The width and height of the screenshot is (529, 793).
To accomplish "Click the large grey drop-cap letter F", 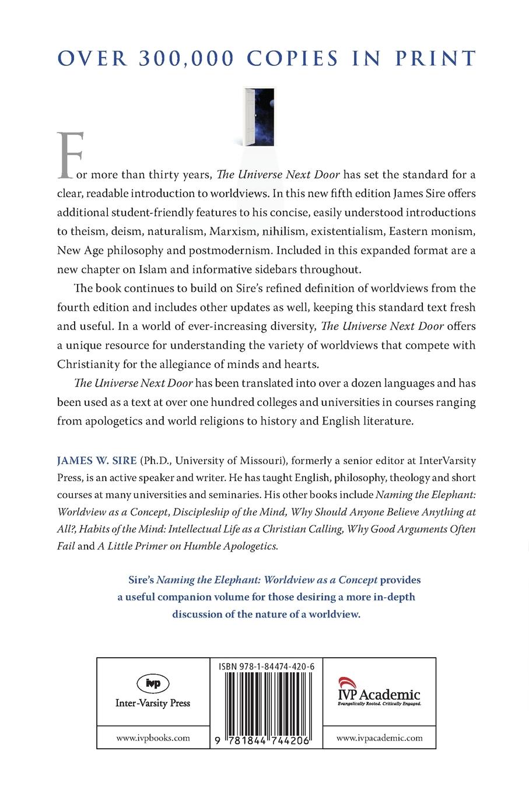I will pyautogui.click(x=68, y=156).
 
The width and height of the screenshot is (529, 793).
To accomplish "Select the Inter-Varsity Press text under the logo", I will pyautogui.click(x=153, y=703).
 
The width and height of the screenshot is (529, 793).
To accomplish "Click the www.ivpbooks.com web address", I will pyautogui.click(x=153, y=738).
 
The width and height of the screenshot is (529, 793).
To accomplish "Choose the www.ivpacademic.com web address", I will pyautogui.click(x=380, y=738).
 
